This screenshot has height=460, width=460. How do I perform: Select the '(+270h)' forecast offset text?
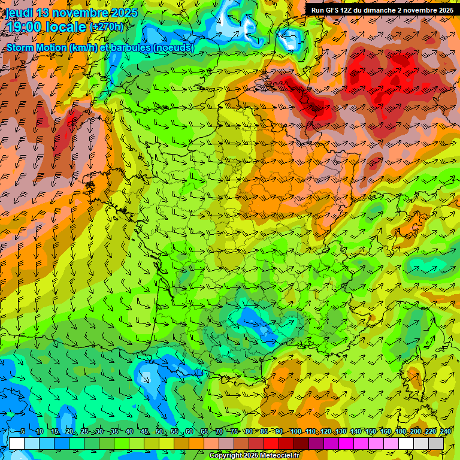107,27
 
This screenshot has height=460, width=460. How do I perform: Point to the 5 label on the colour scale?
23,431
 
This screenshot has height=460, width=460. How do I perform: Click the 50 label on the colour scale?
159,431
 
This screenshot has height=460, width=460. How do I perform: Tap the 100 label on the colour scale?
295,431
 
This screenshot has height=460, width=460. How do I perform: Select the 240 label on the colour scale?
446,431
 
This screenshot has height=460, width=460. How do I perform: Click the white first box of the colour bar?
16,443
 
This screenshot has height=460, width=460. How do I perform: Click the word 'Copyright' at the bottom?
226,456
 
